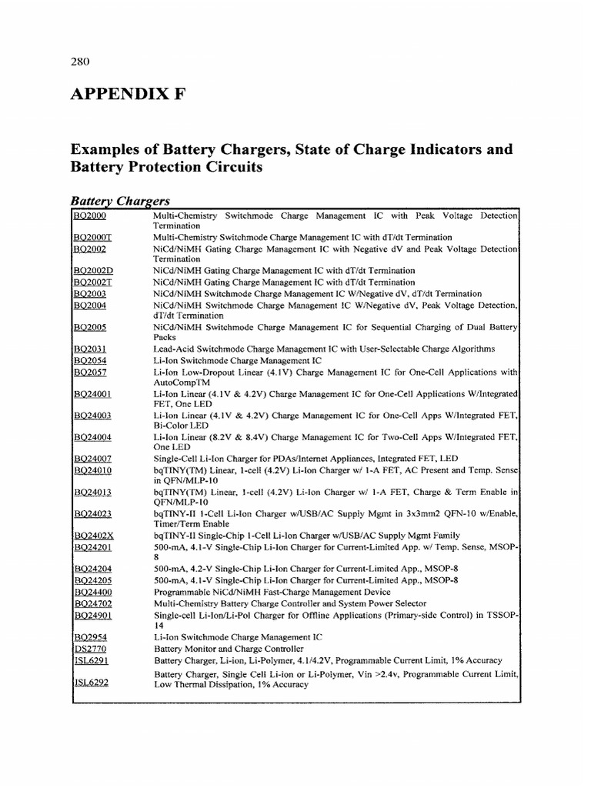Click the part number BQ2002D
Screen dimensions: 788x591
click(x=93, y=271)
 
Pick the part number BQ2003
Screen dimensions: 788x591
click(x=90, y=293)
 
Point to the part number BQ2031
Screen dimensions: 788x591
click(x=90, y=349)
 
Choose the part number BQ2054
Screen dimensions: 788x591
click(x=90, y=360)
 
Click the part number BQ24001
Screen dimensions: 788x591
click(x=93, y=393)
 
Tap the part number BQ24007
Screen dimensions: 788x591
click(x=93, y=458)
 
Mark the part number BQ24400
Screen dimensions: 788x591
click(x=93, y=592)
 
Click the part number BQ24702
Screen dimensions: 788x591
click(x=93, y=604)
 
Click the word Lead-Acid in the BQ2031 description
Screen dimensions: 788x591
click(x=173, y=349)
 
